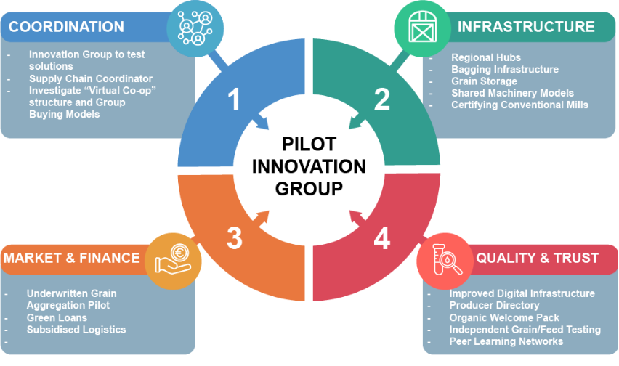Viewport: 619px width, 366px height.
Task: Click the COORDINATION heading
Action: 66,27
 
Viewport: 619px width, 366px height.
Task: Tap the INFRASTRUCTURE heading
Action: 526,27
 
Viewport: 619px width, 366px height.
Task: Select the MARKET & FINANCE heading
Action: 72,258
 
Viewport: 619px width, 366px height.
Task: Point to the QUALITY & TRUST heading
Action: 538,258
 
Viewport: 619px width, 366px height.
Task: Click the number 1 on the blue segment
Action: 234,99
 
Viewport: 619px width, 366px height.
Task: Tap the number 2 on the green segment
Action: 381,99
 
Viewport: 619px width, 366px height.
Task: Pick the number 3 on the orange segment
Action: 235,238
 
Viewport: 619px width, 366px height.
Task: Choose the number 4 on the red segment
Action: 381,238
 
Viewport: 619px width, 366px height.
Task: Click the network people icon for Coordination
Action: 195,28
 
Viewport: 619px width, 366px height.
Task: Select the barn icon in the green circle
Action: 422,27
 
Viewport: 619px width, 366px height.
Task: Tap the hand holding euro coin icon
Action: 173,259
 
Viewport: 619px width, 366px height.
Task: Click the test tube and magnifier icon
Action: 447,259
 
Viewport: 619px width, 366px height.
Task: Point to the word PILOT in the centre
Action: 309,144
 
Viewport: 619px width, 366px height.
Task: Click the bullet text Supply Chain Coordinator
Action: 91,78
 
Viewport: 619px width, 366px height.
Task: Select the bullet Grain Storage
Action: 484,81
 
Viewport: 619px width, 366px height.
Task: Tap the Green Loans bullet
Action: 57,317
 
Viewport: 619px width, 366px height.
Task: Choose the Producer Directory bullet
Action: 494,305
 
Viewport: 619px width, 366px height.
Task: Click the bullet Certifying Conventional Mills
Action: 520,105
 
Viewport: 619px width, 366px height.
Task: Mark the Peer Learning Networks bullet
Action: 506,341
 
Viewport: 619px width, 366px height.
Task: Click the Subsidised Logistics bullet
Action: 76,330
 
